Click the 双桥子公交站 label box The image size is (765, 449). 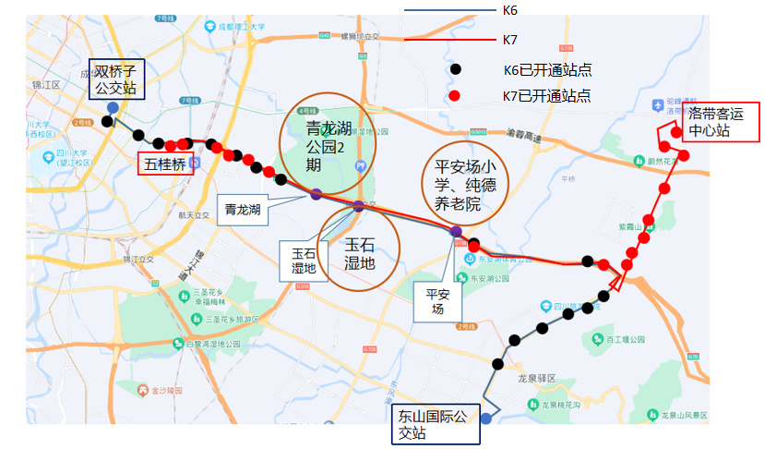click(x=115, y=79)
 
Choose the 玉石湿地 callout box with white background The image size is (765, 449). click(x=303, y=261)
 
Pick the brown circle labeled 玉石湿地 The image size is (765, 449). click(x=359, y=249)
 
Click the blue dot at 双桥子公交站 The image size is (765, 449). click(x=112, y=108)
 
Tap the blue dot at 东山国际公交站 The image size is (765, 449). click(x=485, y=419)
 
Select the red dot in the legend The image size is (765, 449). click(x=454, y=96)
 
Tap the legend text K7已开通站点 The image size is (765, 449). click(x=546, y=96)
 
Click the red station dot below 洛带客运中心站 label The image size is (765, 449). click(x=676, y=132)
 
